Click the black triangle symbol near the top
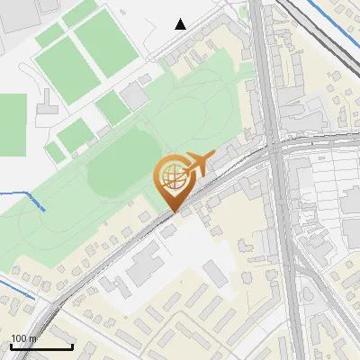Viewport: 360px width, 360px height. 181,24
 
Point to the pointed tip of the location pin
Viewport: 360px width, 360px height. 175,212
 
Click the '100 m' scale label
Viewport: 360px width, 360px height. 23,338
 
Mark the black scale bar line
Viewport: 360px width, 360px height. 41,346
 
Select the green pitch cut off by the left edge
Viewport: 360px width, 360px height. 12,124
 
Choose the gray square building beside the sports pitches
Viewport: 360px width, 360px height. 135,94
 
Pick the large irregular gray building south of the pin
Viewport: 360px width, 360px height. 144,265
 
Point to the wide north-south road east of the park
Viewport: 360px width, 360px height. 264,72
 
